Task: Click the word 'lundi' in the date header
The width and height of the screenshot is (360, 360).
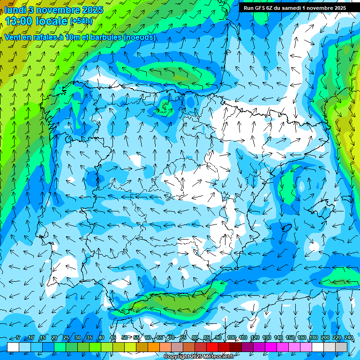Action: pyautogui.click(x=15, y=10)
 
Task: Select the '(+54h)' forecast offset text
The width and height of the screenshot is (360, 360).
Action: pyautogui.click(x=81, y=21)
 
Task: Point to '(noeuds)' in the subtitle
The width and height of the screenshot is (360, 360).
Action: pyautogui.click(x=139, y=37)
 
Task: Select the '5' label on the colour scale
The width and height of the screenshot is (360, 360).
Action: pyautogui.click(x=18, y=338)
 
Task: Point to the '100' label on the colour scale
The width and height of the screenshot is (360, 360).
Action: pyautogui.click(x=231, y=338)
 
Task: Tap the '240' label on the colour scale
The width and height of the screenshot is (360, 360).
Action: pyautogui.click(x=348, y=338)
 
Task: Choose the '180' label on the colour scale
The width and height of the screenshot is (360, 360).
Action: pyautogui.click(x=313, y=338)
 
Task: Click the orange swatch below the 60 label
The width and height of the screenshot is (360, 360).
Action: pyautogui.click(x=153, y=347)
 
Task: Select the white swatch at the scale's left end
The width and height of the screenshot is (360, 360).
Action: pyautogui.click(x=13, y=347)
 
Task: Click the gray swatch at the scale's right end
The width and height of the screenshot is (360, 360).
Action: pyautogui.click(x=341, y=347)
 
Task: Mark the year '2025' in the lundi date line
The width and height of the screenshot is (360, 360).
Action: pyautogui.click(x=92, y=10)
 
